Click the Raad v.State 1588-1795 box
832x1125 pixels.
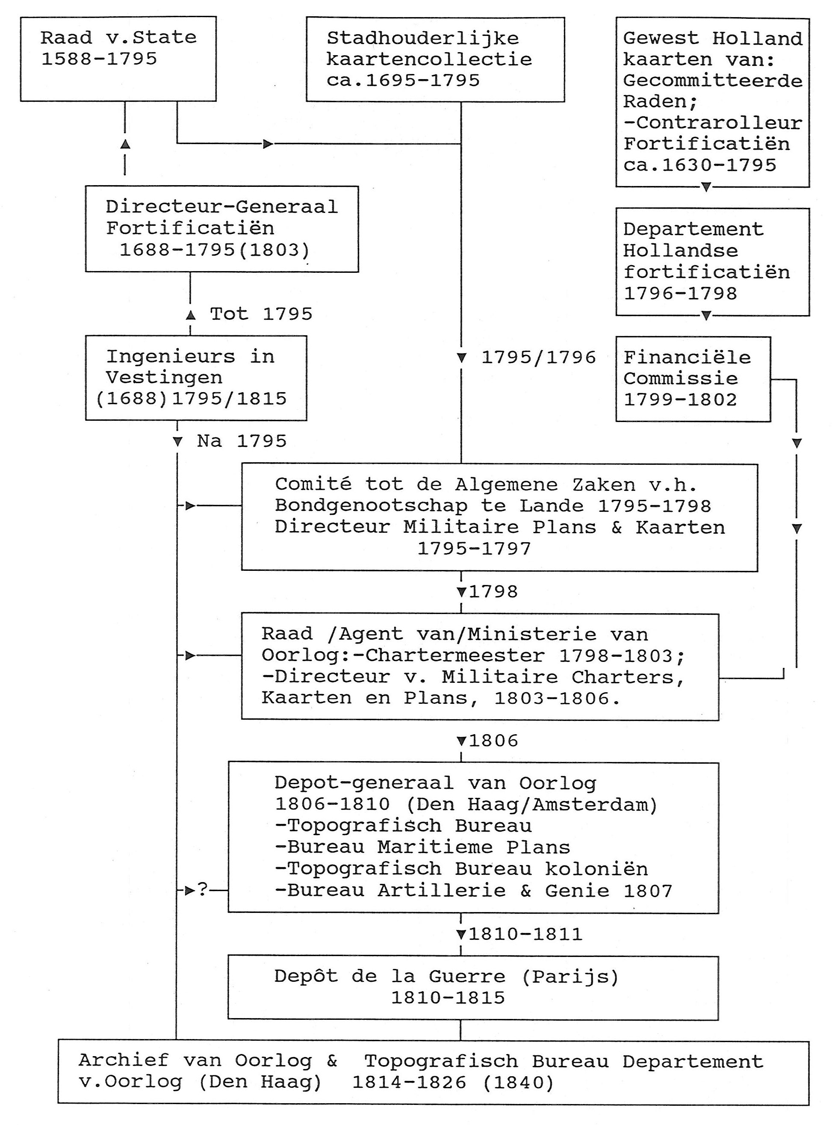pos(118,59)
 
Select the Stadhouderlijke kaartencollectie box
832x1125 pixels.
pos(435,59)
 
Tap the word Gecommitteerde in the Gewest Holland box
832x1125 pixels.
pos(712,80)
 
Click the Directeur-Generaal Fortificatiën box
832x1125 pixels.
pos(221,229)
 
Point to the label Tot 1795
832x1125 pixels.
pos(261,314)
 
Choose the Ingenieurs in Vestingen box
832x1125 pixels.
pos(195,378)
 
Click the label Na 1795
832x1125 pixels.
pos(241,442)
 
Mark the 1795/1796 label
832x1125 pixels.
pos(538,357)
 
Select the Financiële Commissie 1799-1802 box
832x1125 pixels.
pos(693,379)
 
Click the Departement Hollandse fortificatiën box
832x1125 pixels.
pos(712,262)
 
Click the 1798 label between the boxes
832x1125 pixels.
pos(493,592)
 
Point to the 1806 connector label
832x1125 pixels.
pos(493,741)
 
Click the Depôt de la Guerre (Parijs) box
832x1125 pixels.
pos(473,987)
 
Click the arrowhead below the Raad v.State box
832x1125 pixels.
pos(125,145)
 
